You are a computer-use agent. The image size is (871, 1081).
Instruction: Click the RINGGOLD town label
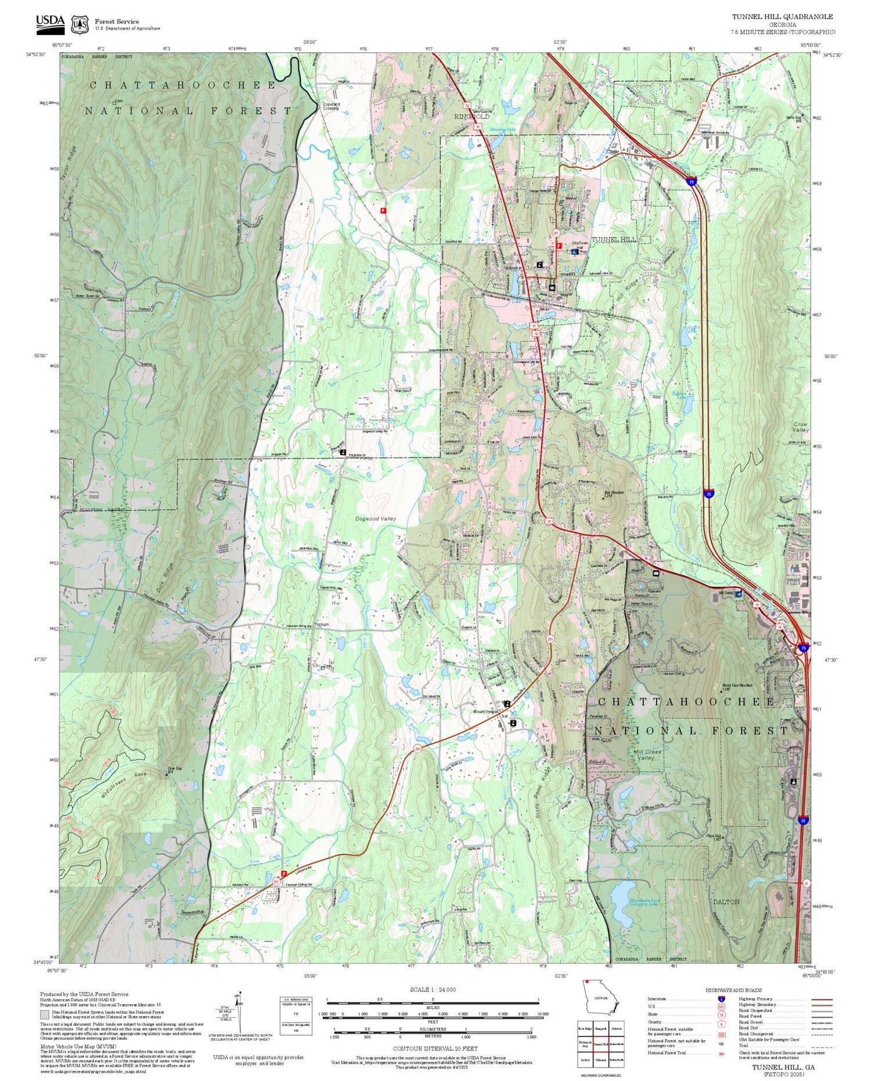472,117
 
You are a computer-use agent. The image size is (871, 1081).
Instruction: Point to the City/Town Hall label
580,245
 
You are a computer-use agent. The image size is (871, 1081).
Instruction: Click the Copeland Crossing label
331,106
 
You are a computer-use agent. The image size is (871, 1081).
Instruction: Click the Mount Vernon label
486,711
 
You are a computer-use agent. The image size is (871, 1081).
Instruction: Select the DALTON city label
726,902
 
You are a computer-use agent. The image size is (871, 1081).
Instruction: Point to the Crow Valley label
801,427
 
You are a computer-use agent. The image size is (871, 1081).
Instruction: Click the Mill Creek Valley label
647,755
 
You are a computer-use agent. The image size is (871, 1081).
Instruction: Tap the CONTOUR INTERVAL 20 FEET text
434,1048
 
